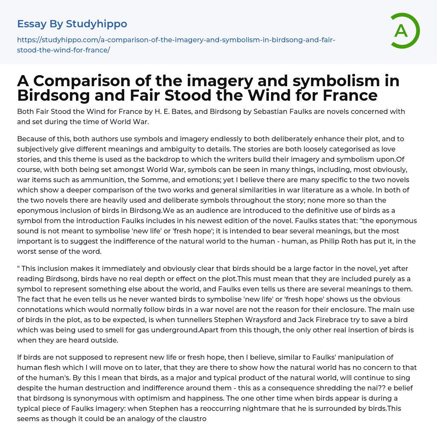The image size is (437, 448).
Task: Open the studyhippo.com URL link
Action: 176,45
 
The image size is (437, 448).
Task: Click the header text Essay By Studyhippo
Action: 72,24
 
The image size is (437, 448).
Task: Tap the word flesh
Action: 50,367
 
